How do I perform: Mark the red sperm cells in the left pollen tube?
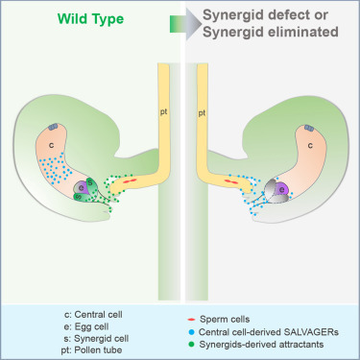[x=130, y=179]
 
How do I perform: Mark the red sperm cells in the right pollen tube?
[x=232, y=179]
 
